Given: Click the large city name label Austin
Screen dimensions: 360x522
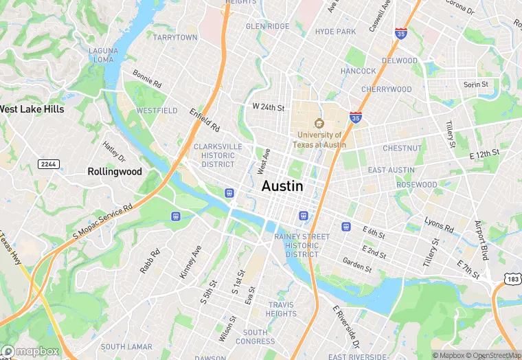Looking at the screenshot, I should [x=282, y=186].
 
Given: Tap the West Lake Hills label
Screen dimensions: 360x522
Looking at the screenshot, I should [x=32, y=109].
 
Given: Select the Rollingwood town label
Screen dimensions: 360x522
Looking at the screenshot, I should [x=114, y=171].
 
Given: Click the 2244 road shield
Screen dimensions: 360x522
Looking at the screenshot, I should [x=48, y=164].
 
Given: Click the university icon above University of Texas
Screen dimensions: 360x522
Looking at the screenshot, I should [x=319, y=123].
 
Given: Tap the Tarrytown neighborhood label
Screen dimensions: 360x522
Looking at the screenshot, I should [x=175, y=38].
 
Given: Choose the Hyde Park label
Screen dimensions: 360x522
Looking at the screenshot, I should [x=335, y=32].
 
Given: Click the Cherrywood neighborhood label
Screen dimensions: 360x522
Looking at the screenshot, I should [x=386, y=89].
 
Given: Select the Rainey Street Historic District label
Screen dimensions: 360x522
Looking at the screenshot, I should [x=302, y=245].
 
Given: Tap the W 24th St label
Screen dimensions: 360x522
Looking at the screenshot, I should [x=268, y=107].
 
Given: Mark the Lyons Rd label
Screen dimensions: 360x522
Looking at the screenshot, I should [x=439, y=225].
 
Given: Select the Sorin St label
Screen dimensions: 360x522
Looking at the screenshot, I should [x=475, y=85].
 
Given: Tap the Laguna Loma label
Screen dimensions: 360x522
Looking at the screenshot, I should [x=103, y=55].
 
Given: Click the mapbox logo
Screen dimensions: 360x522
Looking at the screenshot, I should [x=30, y=350].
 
